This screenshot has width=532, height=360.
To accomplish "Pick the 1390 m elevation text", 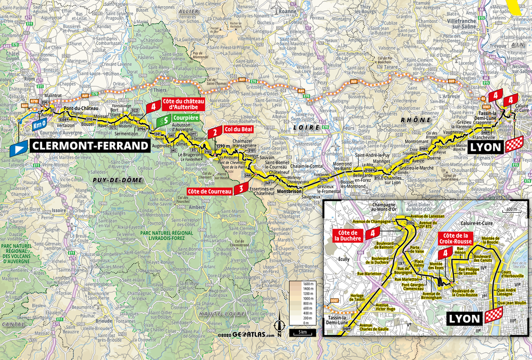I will coord(223,146).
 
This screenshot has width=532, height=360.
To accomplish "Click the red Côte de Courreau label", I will coord(209,191).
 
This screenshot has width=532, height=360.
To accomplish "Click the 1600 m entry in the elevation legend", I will coord(307,284).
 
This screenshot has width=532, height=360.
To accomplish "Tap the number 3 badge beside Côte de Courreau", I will coord(242,188).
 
